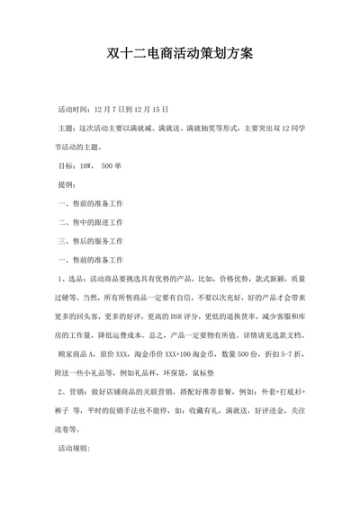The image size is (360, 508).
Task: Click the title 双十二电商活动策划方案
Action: (180, 55)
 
